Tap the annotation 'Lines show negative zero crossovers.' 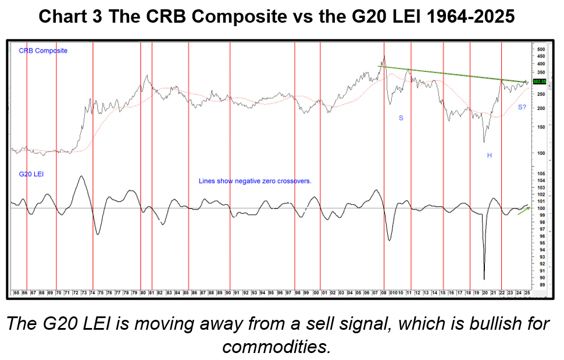pos(255,181)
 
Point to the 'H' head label pos(490,155)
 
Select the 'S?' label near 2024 pos(522,107)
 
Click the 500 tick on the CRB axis pos(540,50)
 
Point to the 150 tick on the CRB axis pos(540,127)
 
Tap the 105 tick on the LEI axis pos(540,174)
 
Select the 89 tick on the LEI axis pos(540,284)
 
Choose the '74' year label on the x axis pos(92,293)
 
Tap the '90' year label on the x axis pos(229,293)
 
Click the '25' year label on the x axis pos(527,293)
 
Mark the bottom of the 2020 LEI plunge pos(484,279)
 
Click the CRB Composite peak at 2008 pos(384,56)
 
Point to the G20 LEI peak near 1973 pos(81,176)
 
